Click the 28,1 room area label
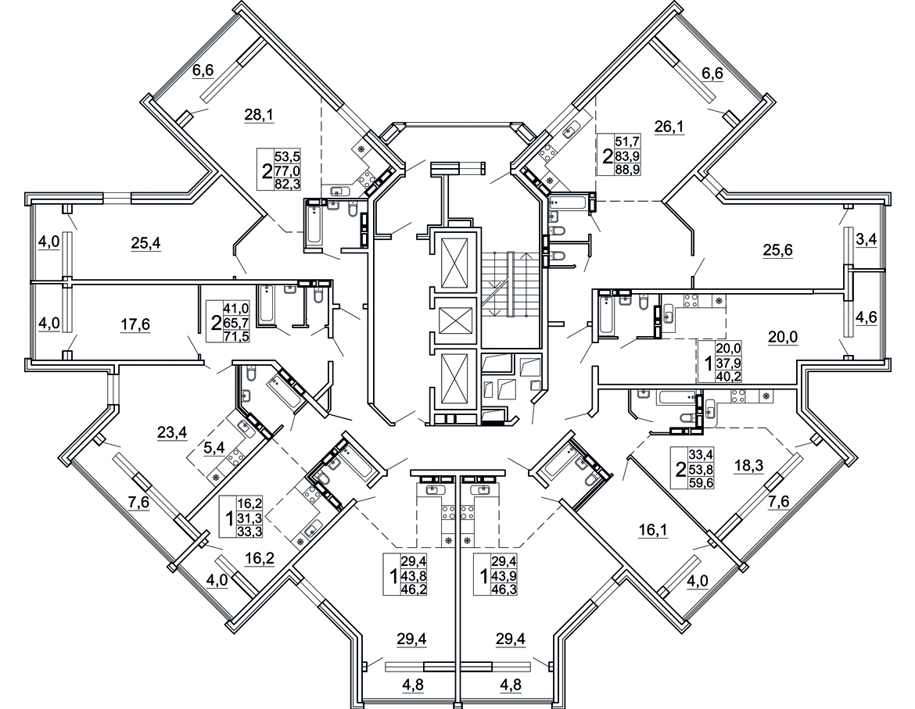pyautogui.click(x=259, y=116)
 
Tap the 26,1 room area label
pyautogui.click(x=669, y=127)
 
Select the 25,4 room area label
pyautogui.click(x=146, y=243)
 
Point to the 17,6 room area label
pyautogui.click(x=135, y=324)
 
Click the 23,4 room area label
pyautogui.click(x=172, y=432)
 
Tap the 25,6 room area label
pyautogui.click(x=778, y=250)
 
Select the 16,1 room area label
pyautogui.click(x=653, y=530)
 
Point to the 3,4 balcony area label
pyautogui.click(x=866, y=239)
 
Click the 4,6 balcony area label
pyautogui.click(x=866, y=319)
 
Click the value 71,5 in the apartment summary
pyautogui.click(x=236, y=336)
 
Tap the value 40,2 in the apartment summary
pyautogui.click(x=728, y=375)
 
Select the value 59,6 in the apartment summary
pyautogui.click(x=702, y=482)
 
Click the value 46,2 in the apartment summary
pyautogui.click(x=413, y=589)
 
